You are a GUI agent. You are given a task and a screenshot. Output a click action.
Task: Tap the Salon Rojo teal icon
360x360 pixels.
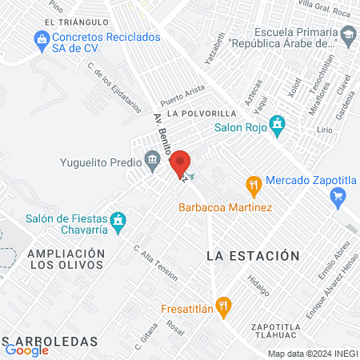(x=278, y=125)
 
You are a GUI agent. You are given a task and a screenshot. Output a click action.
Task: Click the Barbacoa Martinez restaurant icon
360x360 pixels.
(x=255, y=186)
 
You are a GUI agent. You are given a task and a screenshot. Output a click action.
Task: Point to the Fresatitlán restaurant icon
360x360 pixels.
(x=226, y=304)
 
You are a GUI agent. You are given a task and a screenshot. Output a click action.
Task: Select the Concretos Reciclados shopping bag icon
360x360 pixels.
(x=40, y=38)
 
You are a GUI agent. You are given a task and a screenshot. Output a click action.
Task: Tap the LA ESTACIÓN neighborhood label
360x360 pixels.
(x=253, y=256)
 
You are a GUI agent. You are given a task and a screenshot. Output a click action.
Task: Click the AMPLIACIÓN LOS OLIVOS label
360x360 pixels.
(x=66, y=260)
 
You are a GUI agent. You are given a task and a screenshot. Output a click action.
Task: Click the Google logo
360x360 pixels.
(x=27, y=349)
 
